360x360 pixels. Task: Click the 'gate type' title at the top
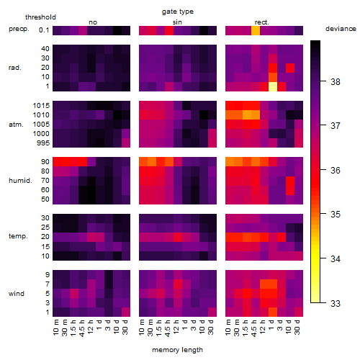pos(178,12)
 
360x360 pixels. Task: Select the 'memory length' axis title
pos(178,350)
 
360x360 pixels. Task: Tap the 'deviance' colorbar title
pos(341,29)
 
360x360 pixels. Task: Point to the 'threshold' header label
pos(40,17)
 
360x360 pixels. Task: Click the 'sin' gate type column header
pos(177,22)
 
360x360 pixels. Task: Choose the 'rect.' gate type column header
pos(262,22)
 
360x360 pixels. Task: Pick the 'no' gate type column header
pos(93,22)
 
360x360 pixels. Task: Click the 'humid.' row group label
pos(20,181)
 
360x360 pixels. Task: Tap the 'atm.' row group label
pos(16,125)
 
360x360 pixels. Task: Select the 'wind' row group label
pos(17,294)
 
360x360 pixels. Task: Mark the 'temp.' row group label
pos(18,236)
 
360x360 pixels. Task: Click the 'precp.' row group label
pos(19,30)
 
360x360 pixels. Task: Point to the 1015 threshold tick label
pos(41,106)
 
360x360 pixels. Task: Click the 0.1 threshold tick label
pos(44,30)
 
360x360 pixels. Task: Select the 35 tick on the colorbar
pos(336,215)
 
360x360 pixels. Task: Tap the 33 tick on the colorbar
pos(336,304)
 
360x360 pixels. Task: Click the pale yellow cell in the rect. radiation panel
pos(273,86)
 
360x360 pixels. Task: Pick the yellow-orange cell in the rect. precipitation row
pos(256,31)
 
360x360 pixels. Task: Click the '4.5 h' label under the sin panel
pos(168,328)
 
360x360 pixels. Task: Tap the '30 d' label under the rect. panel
pos(297,327)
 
